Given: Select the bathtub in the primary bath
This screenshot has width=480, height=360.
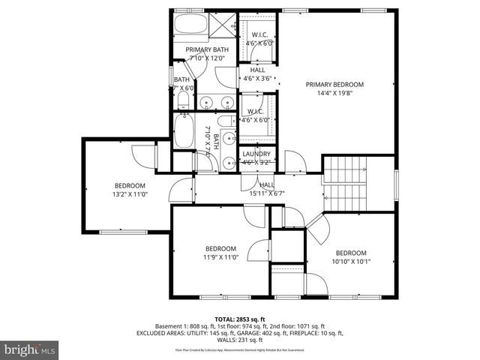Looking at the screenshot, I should pos(192,25).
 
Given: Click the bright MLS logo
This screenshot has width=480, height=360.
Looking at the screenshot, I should pos(30,349).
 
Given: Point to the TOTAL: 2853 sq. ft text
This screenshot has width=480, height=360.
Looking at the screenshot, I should pos(240,319).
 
